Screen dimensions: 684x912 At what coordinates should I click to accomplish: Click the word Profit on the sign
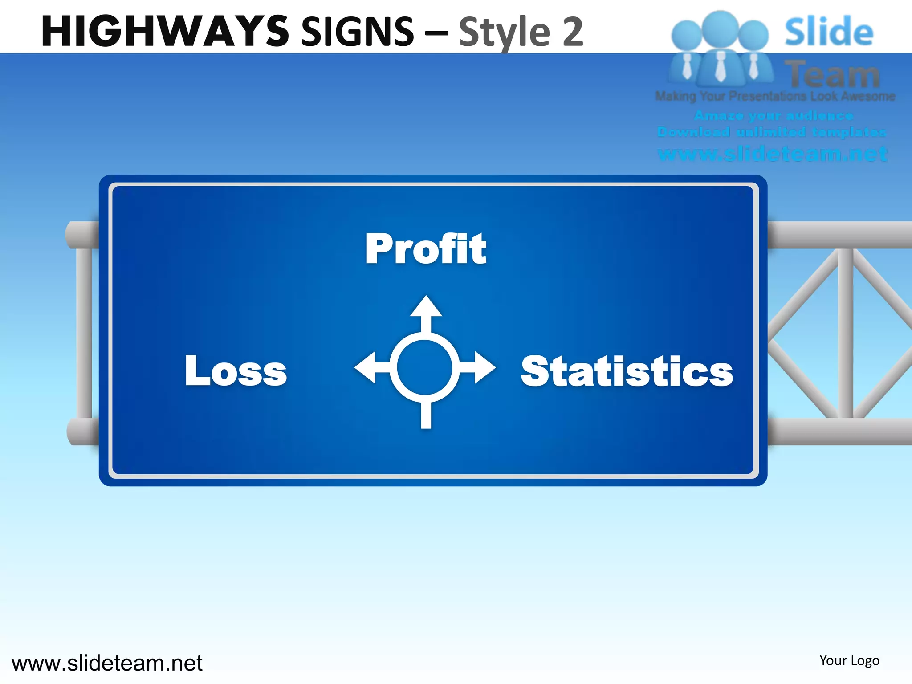click(426, 249)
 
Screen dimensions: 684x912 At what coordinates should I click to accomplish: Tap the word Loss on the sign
click(236, 370)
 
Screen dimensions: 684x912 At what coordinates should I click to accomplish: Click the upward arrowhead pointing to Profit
click(426, 307)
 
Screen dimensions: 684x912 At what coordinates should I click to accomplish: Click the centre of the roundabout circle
click(425, 368)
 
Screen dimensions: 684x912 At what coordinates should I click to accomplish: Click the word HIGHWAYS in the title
click(165, 31)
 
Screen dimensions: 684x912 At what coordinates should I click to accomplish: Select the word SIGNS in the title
click(358, 31)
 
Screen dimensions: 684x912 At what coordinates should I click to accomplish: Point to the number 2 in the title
click(573, 31)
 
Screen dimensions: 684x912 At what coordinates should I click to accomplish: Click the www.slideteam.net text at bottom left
click(107, 663)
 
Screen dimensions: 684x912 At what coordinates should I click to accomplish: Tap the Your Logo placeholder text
click(849, 660)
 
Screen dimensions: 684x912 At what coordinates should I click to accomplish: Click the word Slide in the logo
click(828, 31)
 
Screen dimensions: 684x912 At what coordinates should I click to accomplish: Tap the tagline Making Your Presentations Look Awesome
click(775, 96)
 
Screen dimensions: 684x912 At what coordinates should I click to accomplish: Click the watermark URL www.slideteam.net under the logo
click(772, 154)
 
